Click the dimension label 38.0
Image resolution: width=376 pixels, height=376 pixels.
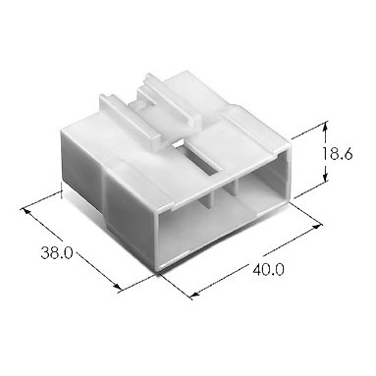coord(57,252)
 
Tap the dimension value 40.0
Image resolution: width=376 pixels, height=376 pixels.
coord(268,269)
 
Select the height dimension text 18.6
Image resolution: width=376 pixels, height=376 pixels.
coord(337,153)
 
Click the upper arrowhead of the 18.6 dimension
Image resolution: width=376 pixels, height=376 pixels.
coord(325,127)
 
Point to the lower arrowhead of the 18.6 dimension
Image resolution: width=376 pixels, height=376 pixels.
coord(325,177)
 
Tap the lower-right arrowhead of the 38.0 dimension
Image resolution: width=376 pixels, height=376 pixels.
coord(117,287)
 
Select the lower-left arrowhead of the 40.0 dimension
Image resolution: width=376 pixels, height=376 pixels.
coord(194,295)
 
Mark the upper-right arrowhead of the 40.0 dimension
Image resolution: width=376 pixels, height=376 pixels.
coord(317,226)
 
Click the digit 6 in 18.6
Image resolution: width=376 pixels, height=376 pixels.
coord(348,153)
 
